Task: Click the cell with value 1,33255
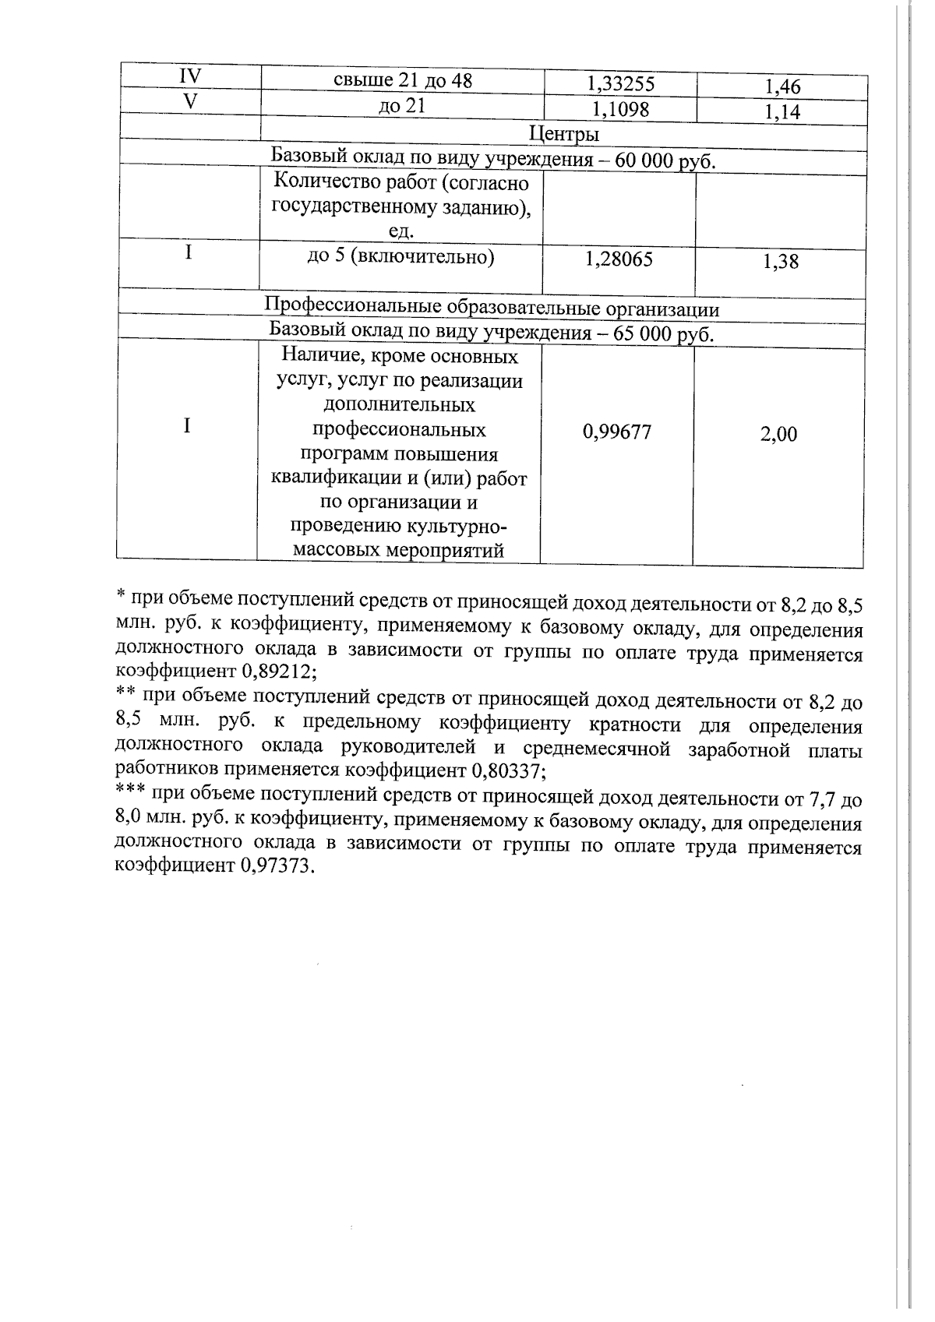point(620,83)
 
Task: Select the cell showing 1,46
point(782,86)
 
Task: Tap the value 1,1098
point(620,108)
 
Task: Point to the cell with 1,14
point(782,112)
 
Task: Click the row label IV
point(189,76)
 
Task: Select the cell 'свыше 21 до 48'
point(403,80)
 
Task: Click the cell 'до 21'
point(402,105)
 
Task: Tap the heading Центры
point(563,134)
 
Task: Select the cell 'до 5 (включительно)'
point(400,257)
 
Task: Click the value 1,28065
point(619,259)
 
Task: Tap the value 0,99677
point(617,432)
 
